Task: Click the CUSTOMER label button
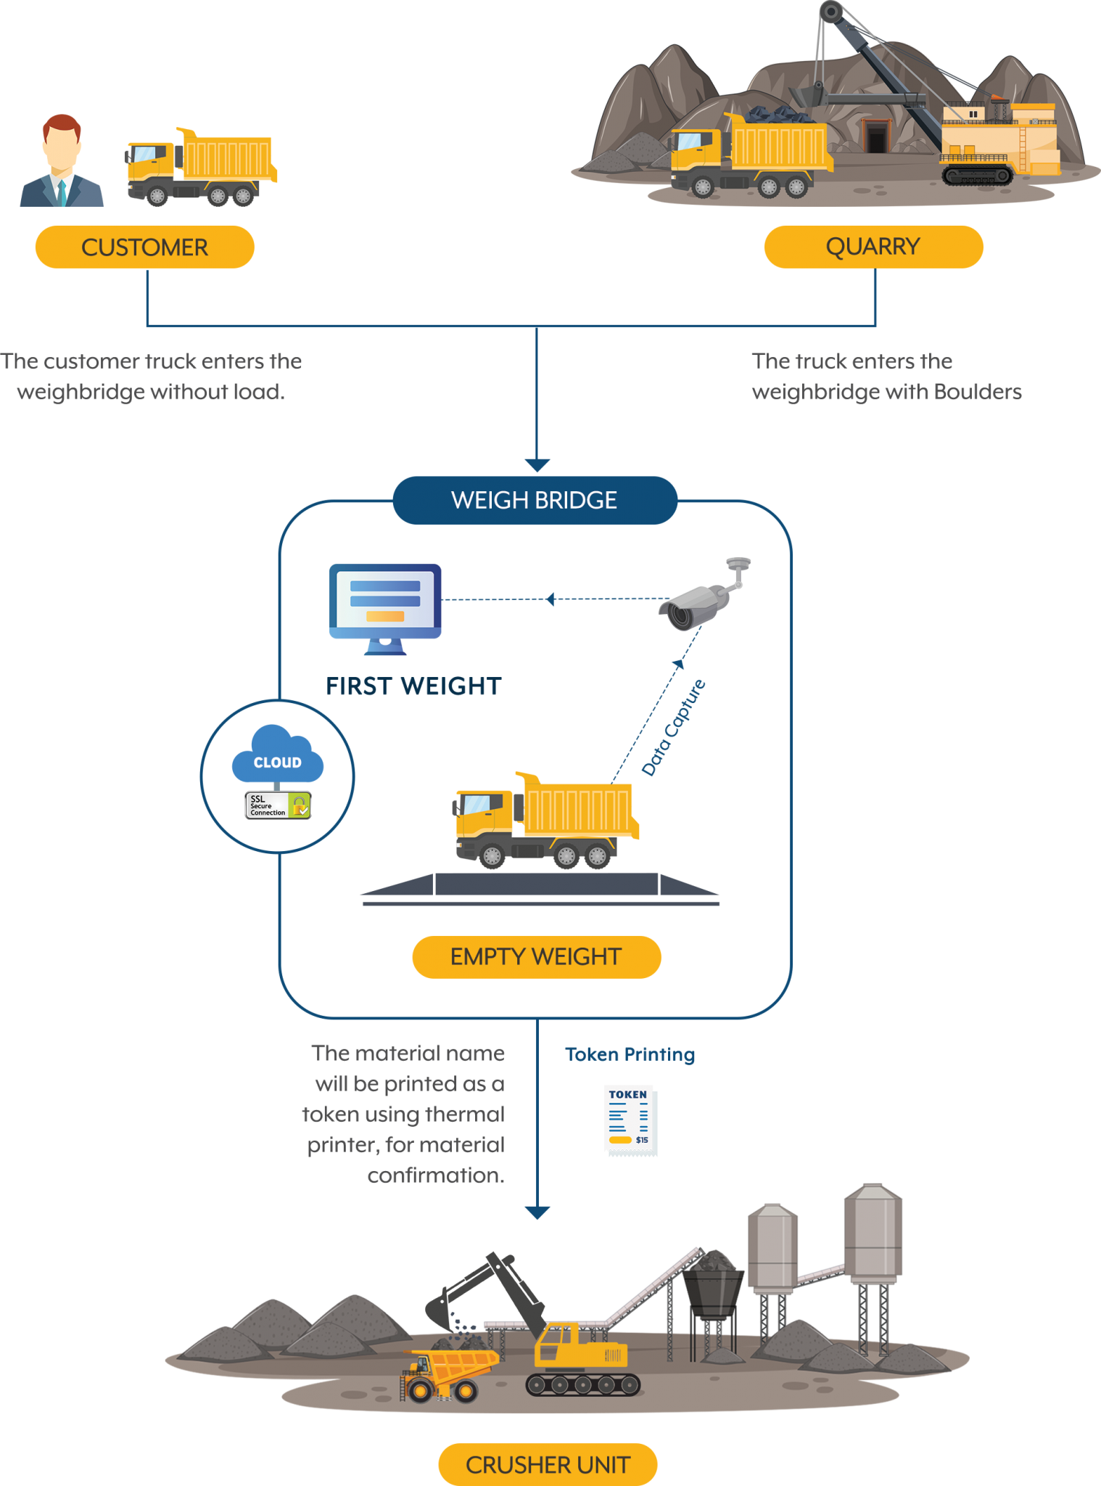[x=144, y=247]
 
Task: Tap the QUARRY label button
[x=873, y=247]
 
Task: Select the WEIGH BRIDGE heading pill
[x=535, y=501]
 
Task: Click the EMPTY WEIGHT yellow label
[x=536, y=957]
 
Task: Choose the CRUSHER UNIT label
[x=548, y=1465]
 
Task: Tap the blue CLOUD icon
[x=277, y=756]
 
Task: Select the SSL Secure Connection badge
[x=278, y=805]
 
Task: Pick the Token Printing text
[x=630, y=1054]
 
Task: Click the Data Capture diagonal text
[x=674, y=728]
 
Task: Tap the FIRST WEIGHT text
[x=413, y=686]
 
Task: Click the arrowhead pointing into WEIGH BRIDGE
[x=537, y=465]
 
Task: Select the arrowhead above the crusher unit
[x=537, y=1212]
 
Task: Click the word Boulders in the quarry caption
[x=978, y=393]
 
